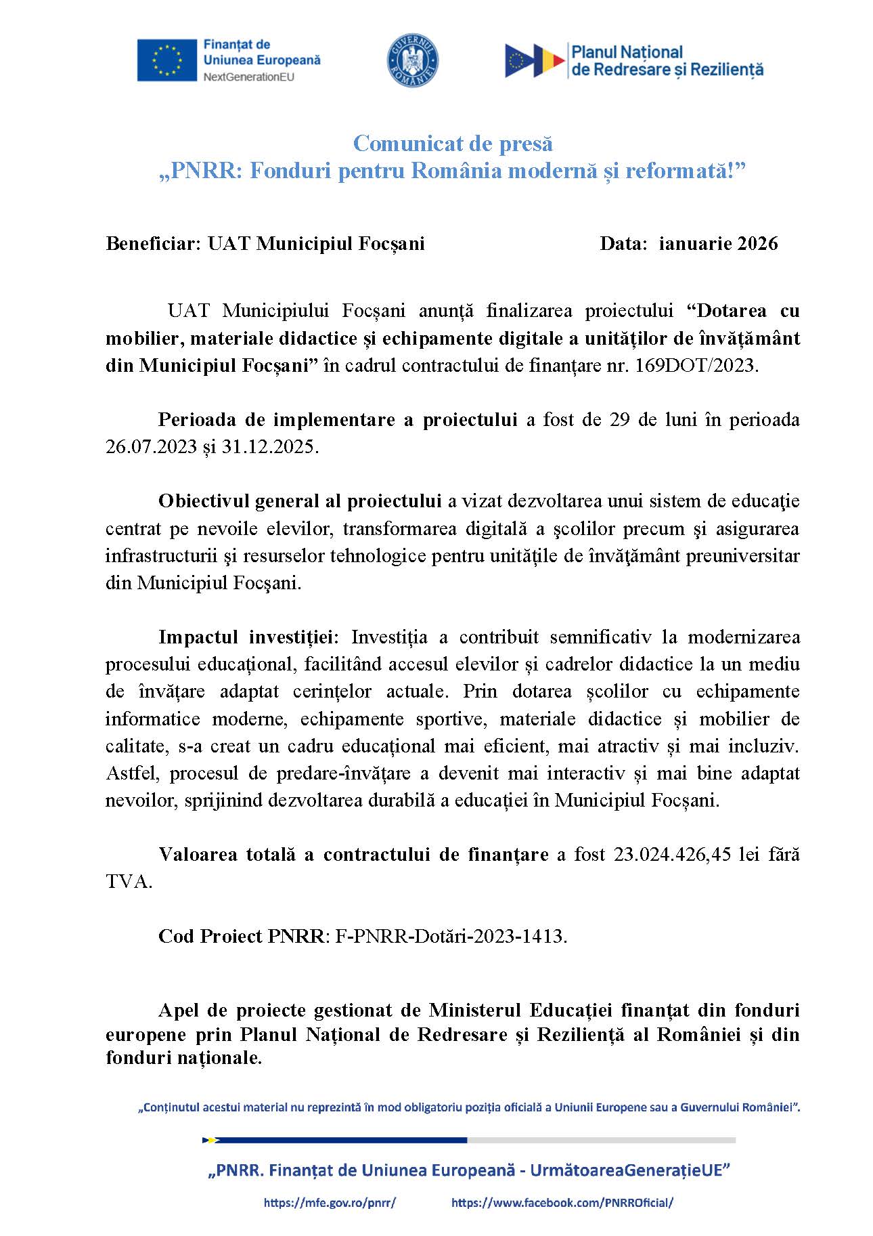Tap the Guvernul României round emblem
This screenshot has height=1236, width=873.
click(413, 60)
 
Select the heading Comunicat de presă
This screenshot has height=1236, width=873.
click(453, 144)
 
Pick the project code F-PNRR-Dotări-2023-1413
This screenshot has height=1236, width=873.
click(449, 936)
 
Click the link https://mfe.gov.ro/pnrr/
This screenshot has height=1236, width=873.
click(330, 1203)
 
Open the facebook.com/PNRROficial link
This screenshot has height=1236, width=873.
click(562, 1203)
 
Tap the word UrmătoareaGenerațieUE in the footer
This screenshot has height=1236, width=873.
click(629, 1170)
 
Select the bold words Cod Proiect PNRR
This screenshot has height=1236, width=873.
click(242, 936)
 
